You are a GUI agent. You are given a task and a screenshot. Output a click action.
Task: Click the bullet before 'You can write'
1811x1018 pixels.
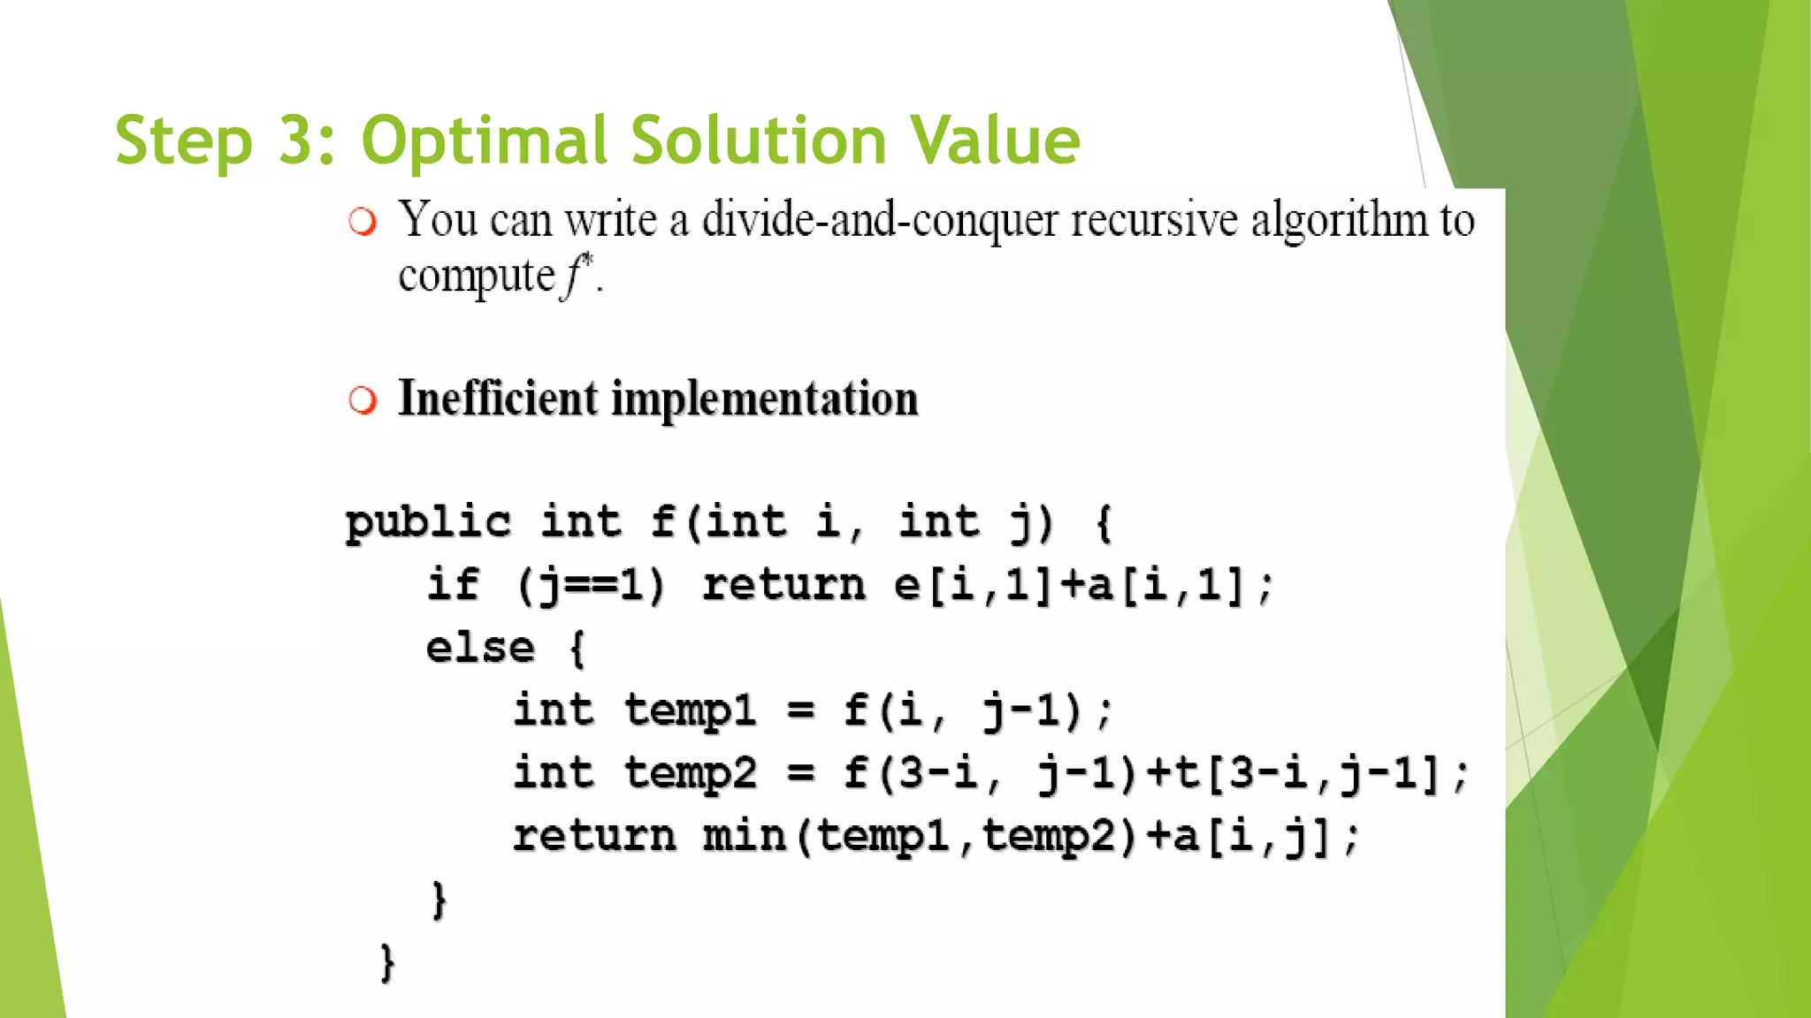[x=362, y=221]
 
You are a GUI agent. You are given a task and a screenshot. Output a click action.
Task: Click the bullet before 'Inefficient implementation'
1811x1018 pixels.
[x=362, y=400]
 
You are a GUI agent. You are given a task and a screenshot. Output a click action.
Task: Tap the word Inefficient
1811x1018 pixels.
[x=498, y=399]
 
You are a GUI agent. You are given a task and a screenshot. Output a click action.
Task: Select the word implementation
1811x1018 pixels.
[x=765, y=399]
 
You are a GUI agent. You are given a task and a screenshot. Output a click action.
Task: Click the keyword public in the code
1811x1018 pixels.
[x=428, y=521]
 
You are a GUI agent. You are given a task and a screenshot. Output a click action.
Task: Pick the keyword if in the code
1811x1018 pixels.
[x=453, y=584]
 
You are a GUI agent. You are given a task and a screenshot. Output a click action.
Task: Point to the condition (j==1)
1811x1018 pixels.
[x=591, y=585]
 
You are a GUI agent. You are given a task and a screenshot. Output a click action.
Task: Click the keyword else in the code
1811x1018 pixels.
[x=480, y=648]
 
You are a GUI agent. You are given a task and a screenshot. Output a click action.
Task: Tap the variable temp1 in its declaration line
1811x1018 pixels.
[x=691, y=710]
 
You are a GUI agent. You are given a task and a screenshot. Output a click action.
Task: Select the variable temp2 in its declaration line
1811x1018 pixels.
[x=691, y=773]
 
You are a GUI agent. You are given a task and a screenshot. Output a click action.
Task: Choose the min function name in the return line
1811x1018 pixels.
[x=744, y=836]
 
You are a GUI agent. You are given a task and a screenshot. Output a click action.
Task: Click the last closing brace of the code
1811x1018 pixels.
[x=387, y=962]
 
